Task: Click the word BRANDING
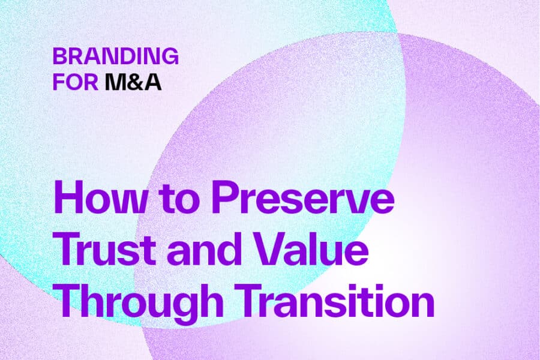pos(115,56)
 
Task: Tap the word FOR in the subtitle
pos(75,82)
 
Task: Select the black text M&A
pos(133,82)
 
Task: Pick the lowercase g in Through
pos(191,304)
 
